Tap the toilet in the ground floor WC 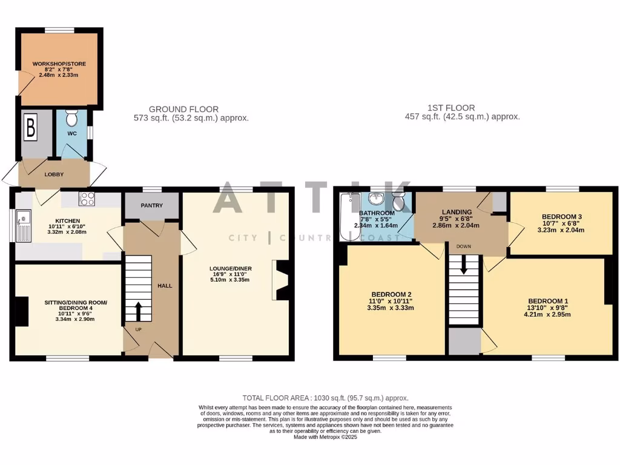(71, 117)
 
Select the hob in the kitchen (87, 198)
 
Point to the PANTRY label (151, 205)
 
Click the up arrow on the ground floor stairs (137, 311)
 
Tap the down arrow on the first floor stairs (464, 265)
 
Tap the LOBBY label (54, 174)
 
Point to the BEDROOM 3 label (559, 217)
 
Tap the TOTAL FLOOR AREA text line (325, 398)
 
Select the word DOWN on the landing (464, 246)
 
